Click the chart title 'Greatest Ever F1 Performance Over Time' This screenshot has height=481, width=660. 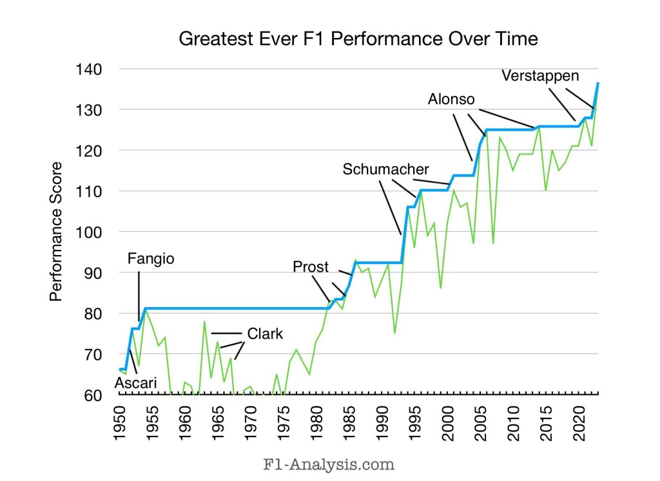point(358,39)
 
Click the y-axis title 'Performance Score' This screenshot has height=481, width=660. point(56,232)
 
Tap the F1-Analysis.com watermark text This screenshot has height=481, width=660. point(330,463)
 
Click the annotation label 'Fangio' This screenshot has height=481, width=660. point(151,259)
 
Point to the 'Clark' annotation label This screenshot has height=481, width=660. point(265,334)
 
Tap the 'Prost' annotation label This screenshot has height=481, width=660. point(311,267)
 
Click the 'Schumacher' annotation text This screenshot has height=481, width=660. point(385,169)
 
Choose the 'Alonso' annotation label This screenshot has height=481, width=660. point(451,99)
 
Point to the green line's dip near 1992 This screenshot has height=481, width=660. point(394,333)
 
